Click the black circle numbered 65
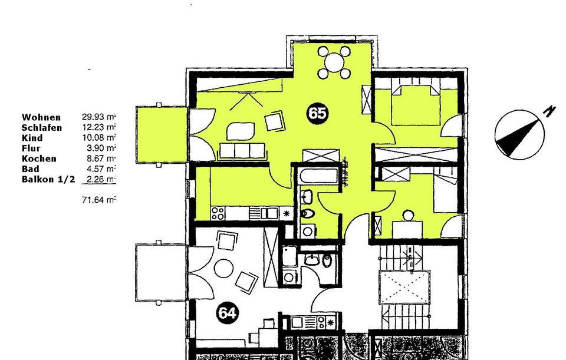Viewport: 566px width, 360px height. pyautogui.click(x=317, y=113)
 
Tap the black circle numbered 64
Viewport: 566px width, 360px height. pyautogui.click(x=227, y=313)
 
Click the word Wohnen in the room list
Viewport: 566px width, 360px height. pyautogui.click(x=41, y=117)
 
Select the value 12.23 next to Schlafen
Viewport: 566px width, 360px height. pyautogui.click(x=94, y=127)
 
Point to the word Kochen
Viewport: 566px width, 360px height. pyautogui.click(x=39, y=158)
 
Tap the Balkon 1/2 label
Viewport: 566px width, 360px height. pyautogui.click(x=48, y=179)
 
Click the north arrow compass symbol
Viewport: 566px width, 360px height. pyautogui.click(x=520, y=133)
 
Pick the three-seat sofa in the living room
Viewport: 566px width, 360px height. pyautogui.click(x=242, y=151)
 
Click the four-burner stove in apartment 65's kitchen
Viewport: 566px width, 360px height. pyautogui.click(x=218, y=213)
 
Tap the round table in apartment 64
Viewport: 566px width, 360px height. pyautogui.click(x=224, y=268)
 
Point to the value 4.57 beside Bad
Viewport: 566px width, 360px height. pyautogui.click(x=94, y=169)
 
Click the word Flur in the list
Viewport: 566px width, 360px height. pyautogui.click(x=31, y=148)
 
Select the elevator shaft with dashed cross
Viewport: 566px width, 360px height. pyautogui.click(x=404, y=288)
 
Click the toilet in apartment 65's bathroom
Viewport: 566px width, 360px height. pyautogui.click(x=307, y=213)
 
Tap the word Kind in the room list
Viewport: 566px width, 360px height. pyautogui.click(x=32, y=138)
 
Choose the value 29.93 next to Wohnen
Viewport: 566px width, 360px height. pyautogui.click(x=94, y=117)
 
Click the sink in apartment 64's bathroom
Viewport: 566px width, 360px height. pyautogui.click(x=311, y=259)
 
